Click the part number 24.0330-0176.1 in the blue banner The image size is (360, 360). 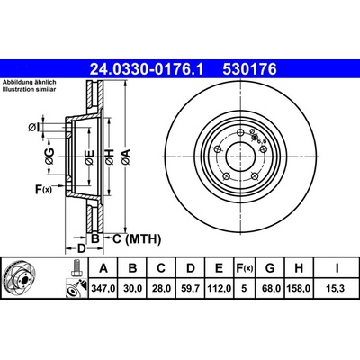click(147, 69)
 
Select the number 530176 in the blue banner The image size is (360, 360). click(249, 69)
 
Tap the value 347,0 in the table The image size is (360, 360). click(103, 289)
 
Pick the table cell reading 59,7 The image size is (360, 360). click(191, 289)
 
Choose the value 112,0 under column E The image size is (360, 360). click(220, 289)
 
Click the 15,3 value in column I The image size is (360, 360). click(337, 289)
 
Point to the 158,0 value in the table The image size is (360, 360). click(299, 289)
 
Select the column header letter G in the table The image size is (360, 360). click(270, 268)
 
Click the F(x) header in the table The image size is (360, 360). click(244, 268)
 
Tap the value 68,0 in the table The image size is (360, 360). click(270, 289)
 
